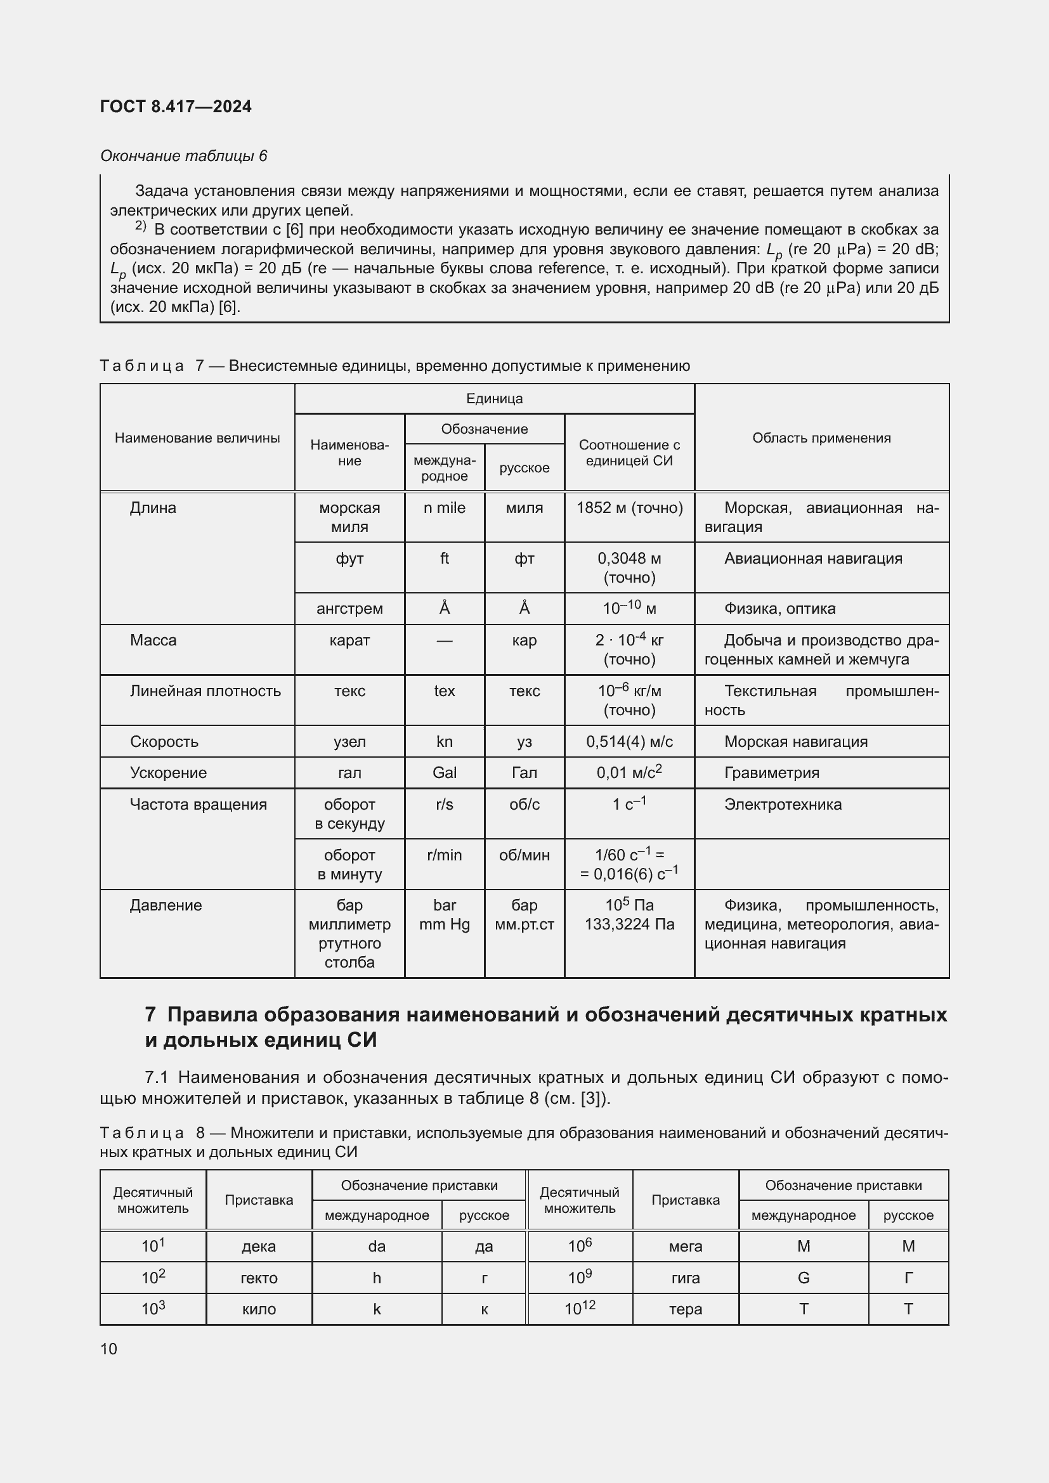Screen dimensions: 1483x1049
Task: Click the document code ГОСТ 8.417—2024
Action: coord(176,107)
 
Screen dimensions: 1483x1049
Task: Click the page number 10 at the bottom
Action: coord(108,1349)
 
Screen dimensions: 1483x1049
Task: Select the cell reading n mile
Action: coord(445,508)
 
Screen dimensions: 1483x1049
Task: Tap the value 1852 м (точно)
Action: coord(629,508)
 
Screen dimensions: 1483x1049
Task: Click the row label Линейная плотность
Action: coord(205,691)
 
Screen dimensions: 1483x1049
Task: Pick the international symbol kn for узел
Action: coord(445,742)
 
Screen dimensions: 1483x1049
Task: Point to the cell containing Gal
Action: coord(445,772)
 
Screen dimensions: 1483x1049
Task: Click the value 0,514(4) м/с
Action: coord(629,742)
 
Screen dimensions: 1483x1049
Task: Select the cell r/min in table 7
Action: coord(445,855)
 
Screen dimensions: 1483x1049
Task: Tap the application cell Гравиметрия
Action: coord(771,772)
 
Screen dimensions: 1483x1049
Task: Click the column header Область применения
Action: coord(821,438)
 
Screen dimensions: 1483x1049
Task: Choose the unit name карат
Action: coord(349,640)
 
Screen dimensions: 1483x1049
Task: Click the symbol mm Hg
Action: coord(445,924)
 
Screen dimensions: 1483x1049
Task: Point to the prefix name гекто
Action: coord(259,1278)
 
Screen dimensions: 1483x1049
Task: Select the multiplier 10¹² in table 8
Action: coord(580,1309)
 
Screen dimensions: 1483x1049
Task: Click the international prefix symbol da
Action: coord(377,1246)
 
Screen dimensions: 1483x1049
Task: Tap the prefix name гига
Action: coord(686,1278)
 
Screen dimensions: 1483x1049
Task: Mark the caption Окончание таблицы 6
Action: coord(183,156)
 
